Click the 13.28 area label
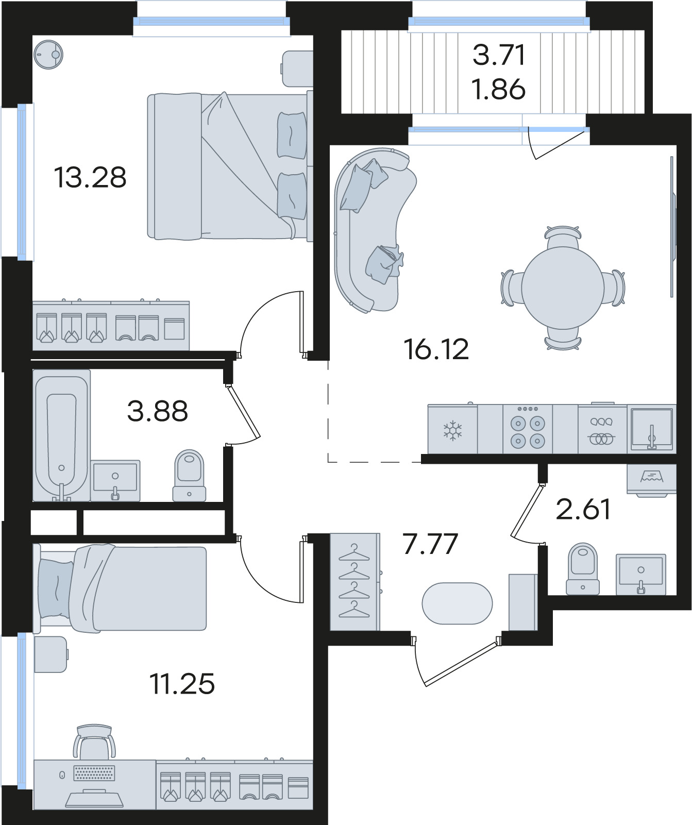pyautogui.click(x=90, y=178)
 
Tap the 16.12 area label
pyautogui.click(x=436, y=349)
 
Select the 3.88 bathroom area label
pyautogui.click(x=158, y=411)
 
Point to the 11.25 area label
pyautogui.click(x=182, y=684)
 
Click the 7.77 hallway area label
pyautogui.click(x=430, y=544)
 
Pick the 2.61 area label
pyautogui.click(x=583, y=509)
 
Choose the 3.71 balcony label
pyautogui.click(x=499, y=55)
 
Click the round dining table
pyautogui.click(x=563, y=288)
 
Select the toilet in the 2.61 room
pyautogui.click(x=582, y=568)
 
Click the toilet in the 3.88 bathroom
pyautogui.click(x=189, y=475)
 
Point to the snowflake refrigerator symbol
pyautogui.click(x=453, y=430)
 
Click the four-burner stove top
pyautogui.click(x=527, y=429)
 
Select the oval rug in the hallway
pyautogui.click(x=457, y=603)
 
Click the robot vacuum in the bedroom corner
pyautogui.click(x=48, y=54)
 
